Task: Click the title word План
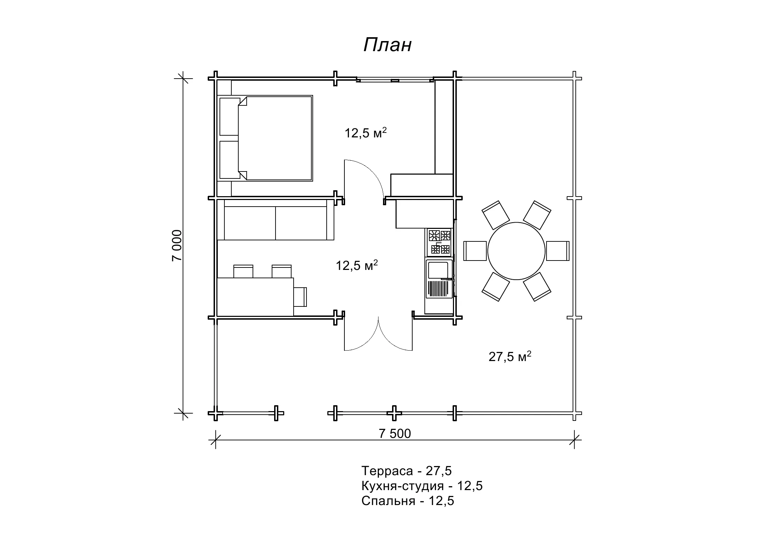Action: (388, 45)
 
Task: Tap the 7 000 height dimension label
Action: (177, 245)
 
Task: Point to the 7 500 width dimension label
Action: (395, 433)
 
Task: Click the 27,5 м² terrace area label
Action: (510, 356)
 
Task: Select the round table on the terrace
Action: (516, 251)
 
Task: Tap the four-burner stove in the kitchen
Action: (439, 242)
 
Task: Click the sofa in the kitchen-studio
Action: (276, 219)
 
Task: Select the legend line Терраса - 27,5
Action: (406, 471)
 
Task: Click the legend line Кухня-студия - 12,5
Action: (422, 486)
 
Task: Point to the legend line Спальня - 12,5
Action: (408, 501)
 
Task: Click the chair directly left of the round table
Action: (475, 251)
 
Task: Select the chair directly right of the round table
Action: (558, 251)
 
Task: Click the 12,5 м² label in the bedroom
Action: (366, 133)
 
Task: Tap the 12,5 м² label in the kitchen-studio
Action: (357, 265)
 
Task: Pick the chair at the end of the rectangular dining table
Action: (300, 297)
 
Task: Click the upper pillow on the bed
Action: (230, 117)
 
